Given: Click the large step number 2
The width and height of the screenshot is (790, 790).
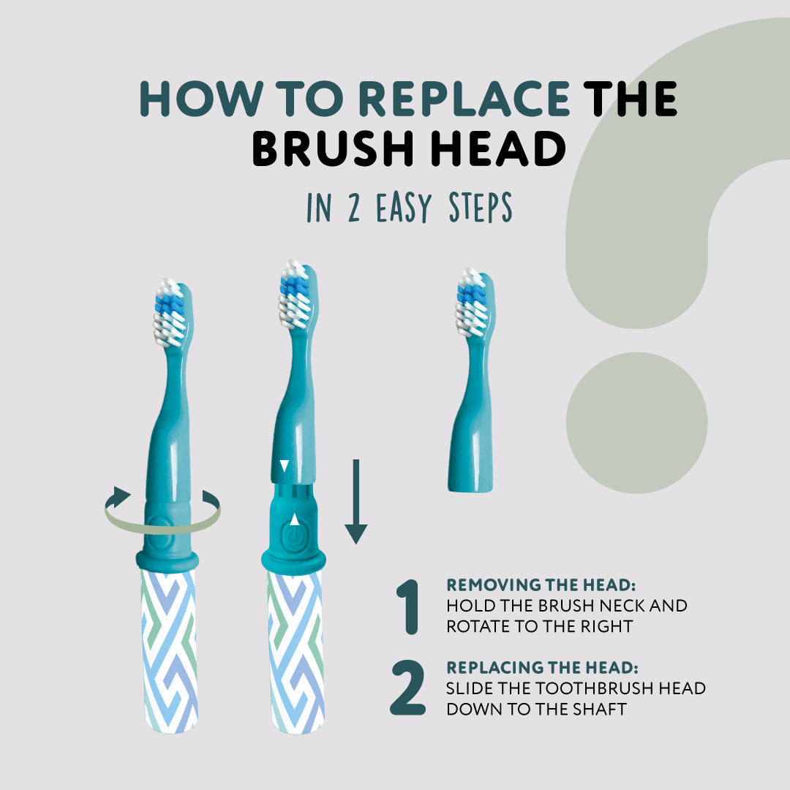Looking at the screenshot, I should (x=407, y=688).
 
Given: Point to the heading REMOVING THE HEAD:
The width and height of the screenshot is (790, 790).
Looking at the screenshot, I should (x=541, y=585).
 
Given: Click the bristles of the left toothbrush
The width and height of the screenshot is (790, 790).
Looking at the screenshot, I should (x=168, y=314).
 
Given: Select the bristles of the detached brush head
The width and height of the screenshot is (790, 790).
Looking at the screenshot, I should (x=471, y=302).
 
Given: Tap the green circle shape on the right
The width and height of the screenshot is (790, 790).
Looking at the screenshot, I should (x=636, y=423).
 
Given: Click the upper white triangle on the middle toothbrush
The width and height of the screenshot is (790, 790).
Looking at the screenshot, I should (x=285, y=466).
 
